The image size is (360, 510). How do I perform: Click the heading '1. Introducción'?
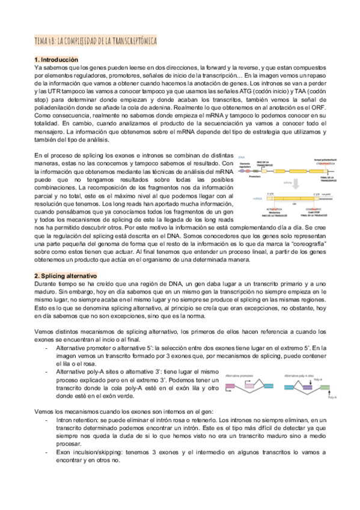56,60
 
